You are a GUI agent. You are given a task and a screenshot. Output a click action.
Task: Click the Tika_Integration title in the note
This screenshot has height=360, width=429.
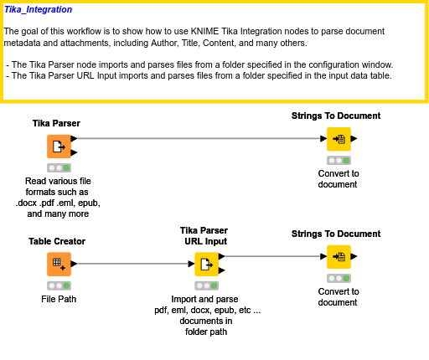coord(38,10)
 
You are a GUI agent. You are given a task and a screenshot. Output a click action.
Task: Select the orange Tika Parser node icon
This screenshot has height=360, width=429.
coord(58,147)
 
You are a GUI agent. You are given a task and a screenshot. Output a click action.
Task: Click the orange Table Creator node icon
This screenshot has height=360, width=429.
coord(58,264)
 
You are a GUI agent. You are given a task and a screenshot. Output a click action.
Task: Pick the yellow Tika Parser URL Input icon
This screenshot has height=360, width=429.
coord(206,264)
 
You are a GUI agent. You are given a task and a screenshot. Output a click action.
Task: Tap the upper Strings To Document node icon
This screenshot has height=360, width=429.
coord(339,139)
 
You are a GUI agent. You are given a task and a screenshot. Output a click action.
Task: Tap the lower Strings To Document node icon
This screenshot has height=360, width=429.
coord(339,257)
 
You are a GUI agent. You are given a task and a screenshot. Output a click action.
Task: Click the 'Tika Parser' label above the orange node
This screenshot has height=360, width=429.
coord(56,123)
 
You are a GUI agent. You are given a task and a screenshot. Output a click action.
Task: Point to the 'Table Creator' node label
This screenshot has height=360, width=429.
coord(57,241)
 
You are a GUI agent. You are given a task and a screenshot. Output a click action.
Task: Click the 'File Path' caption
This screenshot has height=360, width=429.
coord(58,299)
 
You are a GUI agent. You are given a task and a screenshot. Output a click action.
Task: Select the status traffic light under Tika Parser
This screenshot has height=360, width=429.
coord(58,167)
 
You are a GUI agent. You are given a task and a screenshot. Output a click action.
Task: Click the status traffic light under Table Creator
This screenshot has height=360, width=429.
coord(58,285)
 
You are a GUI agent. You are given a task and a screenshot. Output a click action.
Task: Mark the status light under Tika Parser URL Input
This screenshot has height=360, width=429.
coord(206,285)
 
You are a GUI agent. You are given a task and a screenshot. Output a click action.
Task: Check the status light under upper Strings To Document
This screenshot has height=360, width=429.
coord(339,160)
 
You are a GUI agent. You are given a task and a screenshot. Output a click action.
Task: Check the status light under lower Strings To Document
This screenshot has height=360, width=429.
coord(339,278)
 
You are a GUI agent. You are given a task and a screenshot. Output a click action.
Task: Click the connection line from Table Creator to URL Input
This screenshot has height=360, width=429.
coord(134,264)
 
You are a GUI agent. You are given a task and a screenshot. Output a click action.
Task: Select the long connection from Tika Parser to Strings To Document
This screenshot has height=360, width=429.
coord(201,139)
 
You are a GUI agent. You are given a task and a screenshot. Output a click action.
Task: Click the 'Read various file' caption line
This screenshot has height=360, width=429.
coord(58,181)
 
